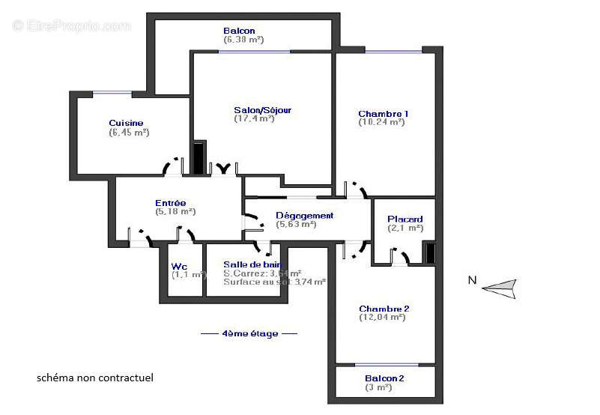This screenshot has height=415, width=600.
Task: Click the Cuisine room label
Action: [x=126, y=123]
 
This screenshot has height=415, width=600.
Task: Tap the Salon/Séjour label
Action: [x=262, y=110]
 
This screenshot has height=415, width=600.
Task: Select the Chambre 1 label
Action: [x=384, y=114]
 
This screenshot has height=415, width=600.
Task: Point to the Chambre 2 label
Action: [x=384, y=309]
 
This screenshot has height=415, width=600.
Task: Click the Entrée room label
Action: [x=171, y=203]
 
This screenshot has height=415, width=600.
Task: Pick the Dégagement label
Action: [x=304, y=216]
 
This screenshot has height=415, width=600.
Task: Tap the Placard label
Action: [x=405, y=219]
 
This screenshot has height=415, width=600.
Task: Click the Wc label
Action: [x=179, y=266]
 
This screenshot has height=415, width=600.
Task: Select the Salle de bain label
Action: [x=252, y=264]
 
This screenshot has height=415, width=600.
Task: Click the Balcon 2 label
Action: [x=384, y=378]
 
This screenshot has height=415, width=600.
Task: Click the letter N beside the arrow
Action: [x=472, y=281]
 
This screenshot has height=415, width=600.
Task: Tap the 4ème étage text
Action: [x=249, y=333]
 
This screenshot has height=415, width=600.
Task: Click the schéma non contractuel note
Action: [x=95, y=378]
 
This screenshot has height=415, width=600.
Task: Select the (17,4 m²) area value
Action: [x=255, y=118]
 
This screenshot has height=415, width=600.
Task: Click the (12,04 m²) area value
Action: [x=382, y=318]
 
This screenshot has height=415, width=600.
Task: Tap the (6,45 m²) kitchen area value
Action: [x=129, y=132]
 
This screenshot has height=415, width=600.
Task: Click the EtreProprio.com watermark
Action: [x=71, y=25]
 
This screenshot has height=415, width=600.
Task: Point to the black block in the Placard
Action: [x=429, y=253]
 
